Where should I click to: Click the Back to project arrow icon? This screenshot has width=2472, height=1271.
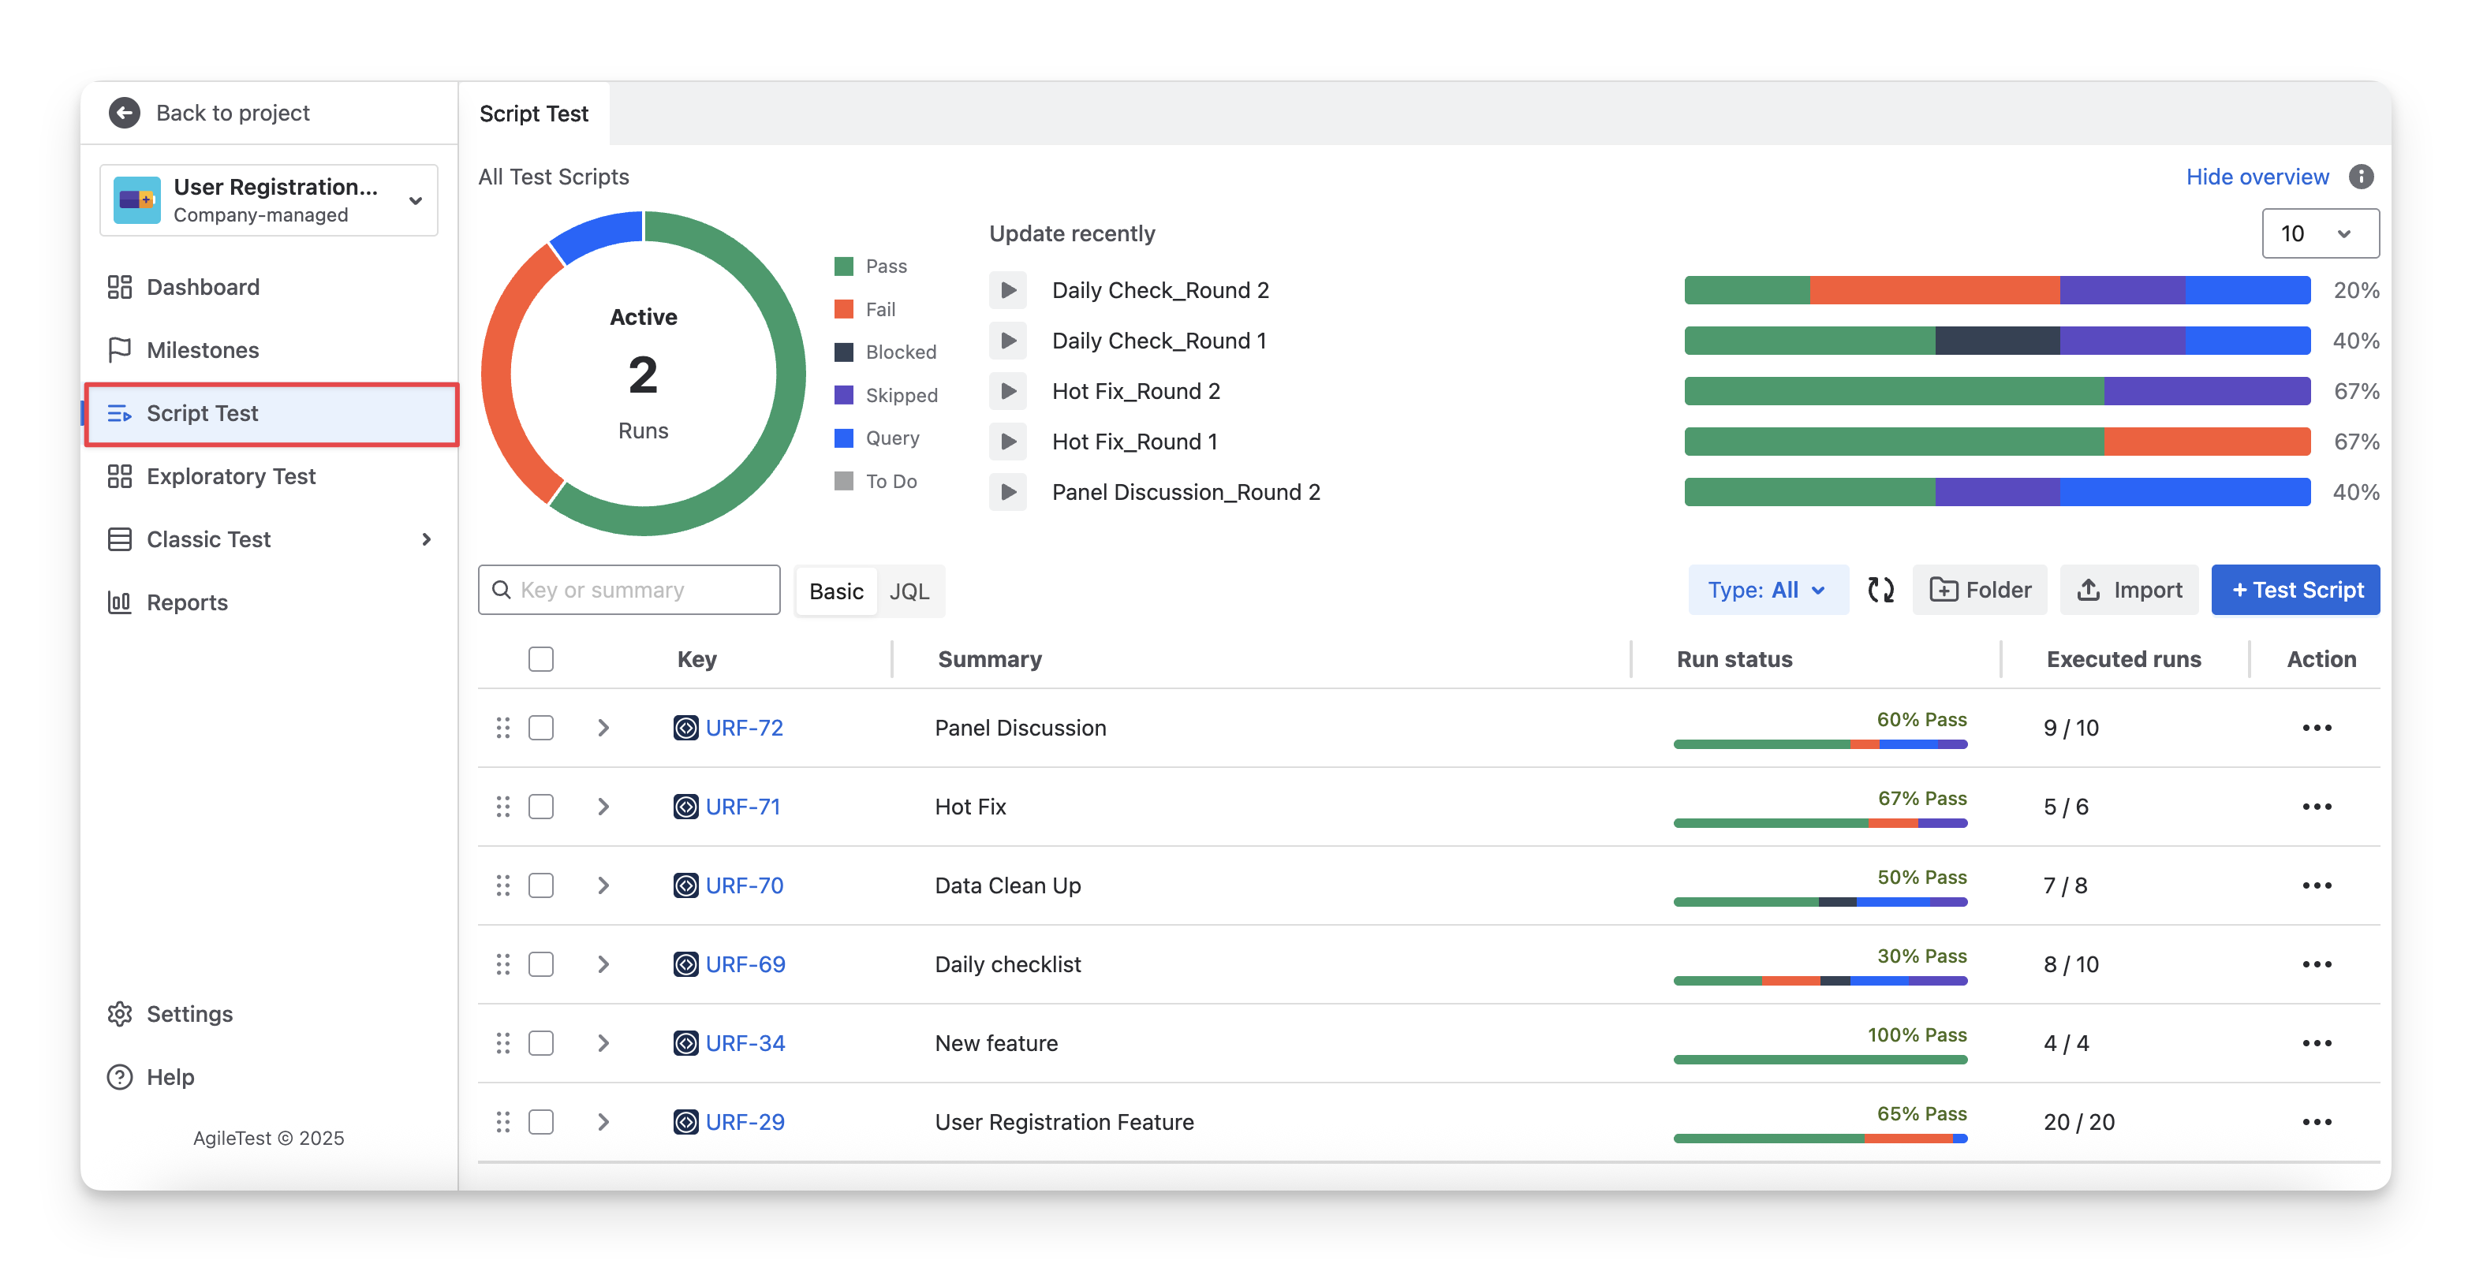pyautogui.click(x=124, y=114)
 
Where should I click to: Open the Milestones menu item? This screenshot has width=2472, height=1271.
pyautogui.click(x=203, y=350)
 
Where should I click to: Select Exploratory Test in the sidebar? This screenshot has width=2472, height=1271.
pyautogui.click(x=230, y=477)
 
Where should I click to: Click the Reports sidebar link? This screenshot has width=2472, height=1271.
pyautogui.click(x=186, y=602)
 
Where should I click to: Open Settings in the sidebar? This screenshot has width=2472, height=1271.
pyautogui.click(x=189, y=1014)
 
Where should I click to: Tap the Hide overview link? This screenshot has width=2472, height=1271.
pyautogui.click(x=2256, y=177)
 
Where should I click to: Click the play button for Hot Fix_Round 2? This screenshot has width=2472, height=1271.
pyautogui.click(x=1007, y=391)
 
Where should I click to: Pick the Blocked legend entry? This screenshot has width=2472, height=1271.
pyautogui.click(x=899, y=352)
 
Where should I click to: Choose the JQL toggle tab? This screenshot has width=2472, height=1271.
pyautogui.click(x=909, y=591)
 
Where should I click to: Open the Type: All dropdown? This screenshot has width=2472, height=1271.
pyautogui.click(x=1767, y=590)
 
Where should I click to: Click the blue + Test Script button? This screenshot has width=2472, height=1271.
pyautogui.click(x=2295, y=590)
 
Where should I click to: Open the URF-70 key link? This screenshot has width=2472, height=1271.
pyautogui.click(x=744, y=885)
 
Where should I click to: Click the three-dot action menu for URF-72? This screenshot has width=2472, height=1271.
pyautogui.click(x=2317, y=728)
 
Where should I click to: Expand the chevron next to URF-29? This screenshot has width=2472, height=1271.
pyautogui.click(x=603, y=1121)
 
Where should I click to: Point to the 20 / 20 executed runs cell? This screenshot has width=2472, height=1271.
pyautogui.click(x=2078, y=1121)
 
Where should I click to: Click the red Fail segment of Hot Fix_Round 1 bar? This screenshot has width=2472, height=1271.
pyautogui.click(x=2206, y=442)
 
